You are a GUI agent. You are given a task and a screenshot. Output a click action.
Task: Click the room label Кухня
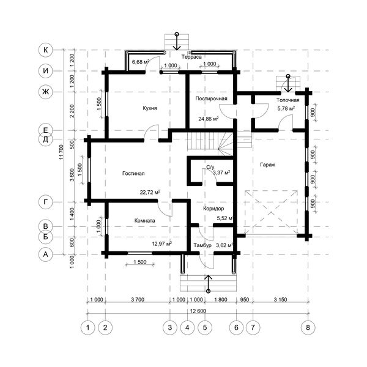[x=150, y=108]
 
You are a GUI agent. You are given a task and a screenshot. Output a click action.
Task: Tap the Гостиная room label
[x=133, y=174]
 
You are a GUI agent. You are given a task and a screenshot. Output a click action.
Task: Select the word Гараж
[x=267, y=165]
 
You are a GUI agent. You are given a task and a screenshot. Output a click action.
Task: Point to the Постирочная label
[x=212, y=98]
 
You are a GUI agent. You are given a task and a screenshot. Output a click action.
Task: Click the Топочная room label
[x=287, y=100]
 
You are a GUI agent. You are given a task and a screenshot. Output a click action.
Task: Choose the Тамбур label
[x=202, y=245]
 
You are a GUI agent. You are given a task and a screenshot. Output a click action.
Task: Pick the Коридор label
[x=213, y=209]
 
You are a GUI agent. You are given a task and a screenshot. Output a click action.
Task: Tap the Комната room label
[x=144, y=221]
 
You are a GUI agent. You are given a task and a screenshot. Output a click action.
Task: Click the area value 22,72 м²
[x=150, y=193]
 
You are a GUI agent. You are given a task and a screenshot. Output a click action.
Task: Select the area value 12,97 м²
[x=162, y=244]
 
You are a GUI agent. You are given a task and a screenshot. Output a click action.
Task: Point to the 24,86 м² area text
[x=209, y=119]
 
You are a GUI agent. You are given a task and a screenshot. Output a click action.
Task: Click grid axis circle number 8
[x=308, y=327]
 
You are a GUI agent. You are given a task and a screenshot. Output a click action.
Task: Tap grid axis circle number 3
[x=170, y=327]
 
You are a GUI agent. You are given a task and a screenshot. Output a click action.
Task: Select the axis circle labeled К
[x=46, y=50]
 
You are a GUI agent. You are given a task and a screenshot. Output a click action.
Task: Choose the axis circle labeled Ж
[x=46, y=92]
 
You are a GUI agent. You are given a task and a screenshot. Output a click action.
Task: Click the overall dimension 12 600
[x=198, y=311]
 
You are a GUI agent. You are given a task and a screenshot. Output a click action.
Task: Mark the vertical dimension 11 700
[x=61, y=152]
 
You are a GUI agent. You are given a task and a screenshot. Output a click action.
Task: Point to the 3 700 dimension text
[x=138, y=300]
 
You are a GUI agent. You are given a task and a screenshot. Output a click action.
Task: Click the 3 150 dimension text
[x=280, y=300]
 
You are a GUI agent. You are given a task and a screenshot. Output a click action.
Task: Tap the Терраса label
[x=191, y=57]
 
